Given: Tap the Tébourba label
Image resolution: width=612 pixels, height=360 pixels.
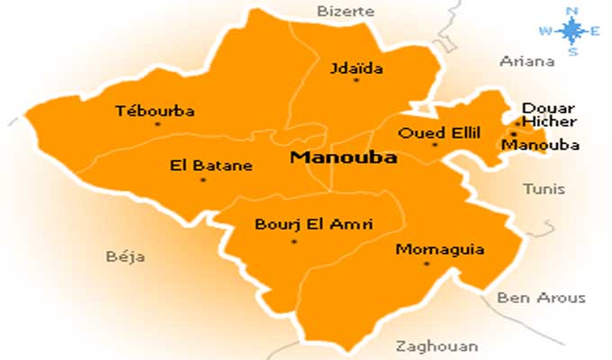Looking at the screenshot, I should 156,112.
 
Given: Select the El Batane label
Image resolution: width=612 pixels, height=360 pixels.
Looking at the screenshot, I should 211,166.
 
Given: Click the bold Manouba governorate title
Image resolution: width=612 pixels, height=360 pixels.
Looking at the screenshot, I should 331,157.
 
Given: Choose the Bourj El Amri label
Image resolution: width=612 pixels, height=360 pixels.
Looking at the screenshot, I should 301,224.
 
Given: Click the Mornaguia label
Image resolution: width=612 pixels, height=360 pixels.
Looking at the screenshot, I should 427,248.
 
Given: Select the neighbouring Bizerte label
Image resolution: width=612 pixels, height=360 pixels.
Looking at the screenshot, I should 339,11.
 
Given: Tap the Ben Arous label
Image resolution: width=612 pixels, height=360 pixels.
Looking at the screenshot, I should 541,298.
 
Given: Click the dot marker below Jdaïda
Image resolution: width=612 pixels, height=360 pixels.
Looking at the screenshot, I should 356,80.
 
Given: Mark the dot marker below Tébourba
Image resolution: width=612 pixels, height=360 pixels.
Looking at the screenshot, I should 157,124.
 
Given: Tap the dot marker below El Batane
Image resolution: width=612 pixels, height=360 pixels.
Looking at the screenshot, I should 202,179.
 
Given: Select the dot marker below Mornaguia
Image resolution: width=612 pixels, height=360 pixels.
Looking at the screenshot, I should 427,263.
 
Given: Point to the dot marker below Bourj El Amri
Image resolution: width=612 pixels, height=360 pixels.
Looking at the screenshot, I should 293,240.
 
